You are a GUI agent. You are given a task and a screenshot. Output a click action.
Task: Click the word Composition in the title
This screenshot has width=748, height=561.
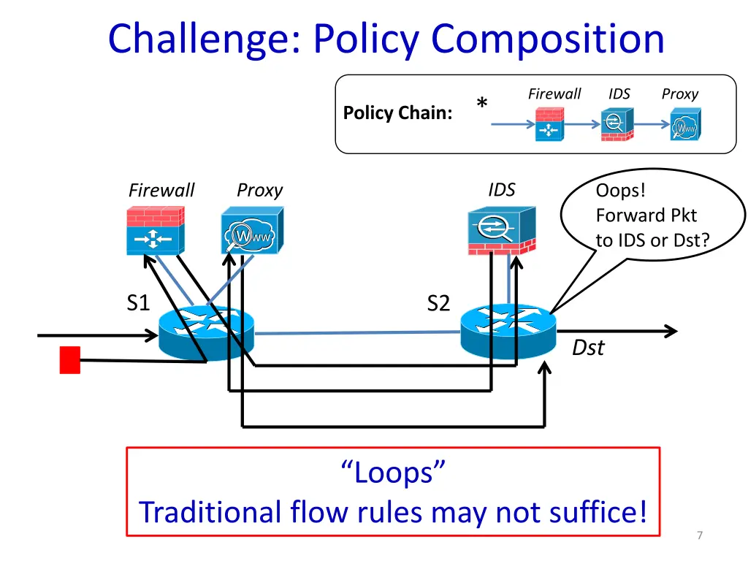click(x=548, y=39)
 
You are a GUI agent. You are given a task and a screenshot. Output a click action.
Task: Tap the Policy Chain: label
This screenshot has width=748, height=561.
click(x=397, y=113)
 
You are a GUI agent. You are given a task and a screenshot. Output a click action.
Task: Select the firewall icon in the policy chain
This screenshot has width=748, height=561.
click(x=549, y=124)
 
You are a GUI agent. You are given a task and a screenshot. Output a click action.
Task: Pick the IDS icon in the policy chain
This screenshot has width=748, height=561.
click(x=617, y=124)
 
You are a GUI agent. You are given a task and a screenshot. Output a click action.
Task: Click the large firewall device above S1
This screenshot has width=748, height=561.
click(x=154, y=229)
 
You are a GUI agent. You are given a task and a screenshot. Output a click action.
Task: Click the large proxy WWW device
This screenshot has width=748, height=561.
click(x=251, y=230)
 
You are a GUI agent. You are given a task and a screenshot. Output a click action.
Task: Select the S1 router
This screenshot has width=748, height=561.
click(x=207, y=332)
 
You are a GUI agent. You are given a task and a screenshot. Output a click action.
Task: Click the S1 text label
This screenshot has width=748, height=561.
click(x=137, y=302)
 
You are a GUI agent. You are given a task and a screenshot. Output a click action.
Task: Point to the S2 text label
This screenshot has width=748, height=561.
click(x=438, y=302)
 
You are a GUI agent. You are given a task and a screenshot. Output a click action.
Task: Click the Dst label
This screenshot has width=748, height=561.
click(x=588, y=348)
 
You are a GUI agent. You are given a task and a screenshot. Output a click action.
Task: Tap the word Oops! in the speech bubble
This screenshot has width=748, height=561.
click(x=621, y=191)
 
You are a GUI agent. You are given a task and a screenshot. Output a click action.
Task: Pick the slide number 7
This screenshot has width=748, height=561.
click(x=700, y=536)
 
